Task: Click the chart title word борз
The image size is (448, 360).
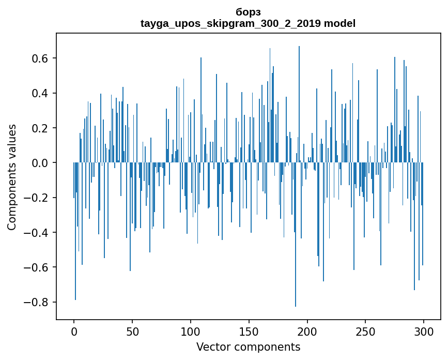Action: [x=248, y=12]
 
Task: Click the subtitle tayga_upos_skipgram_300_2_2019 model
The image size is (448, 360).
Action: [x=248, y=23]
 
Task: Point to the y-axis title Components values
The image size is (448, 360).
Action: [x=12, y=177]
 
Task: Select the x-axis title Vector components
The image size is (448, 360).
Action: [x=248, y=347]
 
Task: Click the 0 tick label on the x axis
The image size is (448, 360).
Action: [x=74, y=331]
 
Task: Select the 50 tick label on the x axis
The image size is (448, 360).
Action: [x=132, y=331]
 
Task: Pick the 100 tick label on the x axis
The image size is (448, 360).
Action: [x=191, y=331]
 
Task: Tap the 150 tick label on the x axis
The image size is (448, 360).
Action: [x=249, y=331]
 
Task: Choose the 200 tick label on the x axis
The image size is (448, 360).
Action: [x=307, y=331]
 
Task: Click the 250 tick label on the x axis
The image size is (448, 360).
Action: [x=366, y=331]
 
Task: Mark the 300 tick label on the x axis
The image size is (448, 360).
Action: [x=424, y=331]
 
